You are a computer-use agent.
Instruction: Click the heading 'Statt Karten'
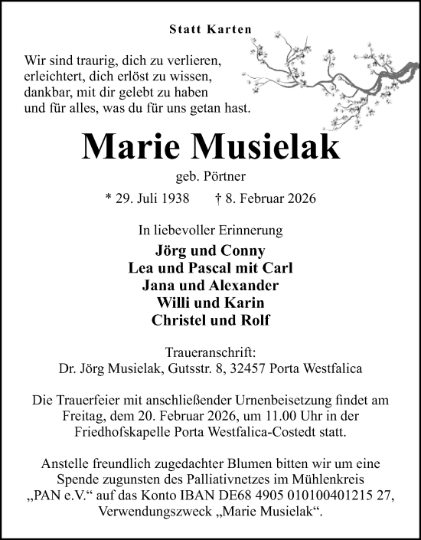pos(210,31)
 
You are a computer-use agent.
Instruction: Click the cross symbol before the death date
pos(220,198)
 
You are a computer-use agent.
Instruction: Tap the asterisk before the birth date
pos(108,198)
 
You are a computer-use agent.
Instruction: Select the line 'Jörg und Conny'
pos(210,250)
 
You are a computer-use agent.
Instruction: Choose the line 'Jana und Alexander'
pos(210,286)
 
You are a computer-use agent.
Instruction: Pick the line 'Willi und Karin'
pos(210,303)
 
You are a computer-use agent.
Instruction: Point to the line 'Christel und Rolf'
pos(210,320)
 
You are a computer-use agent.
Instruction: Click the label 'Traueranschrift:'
pos(210,351)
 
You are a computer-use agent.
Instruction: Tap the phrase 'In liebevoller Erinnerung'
pos(210,230)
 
